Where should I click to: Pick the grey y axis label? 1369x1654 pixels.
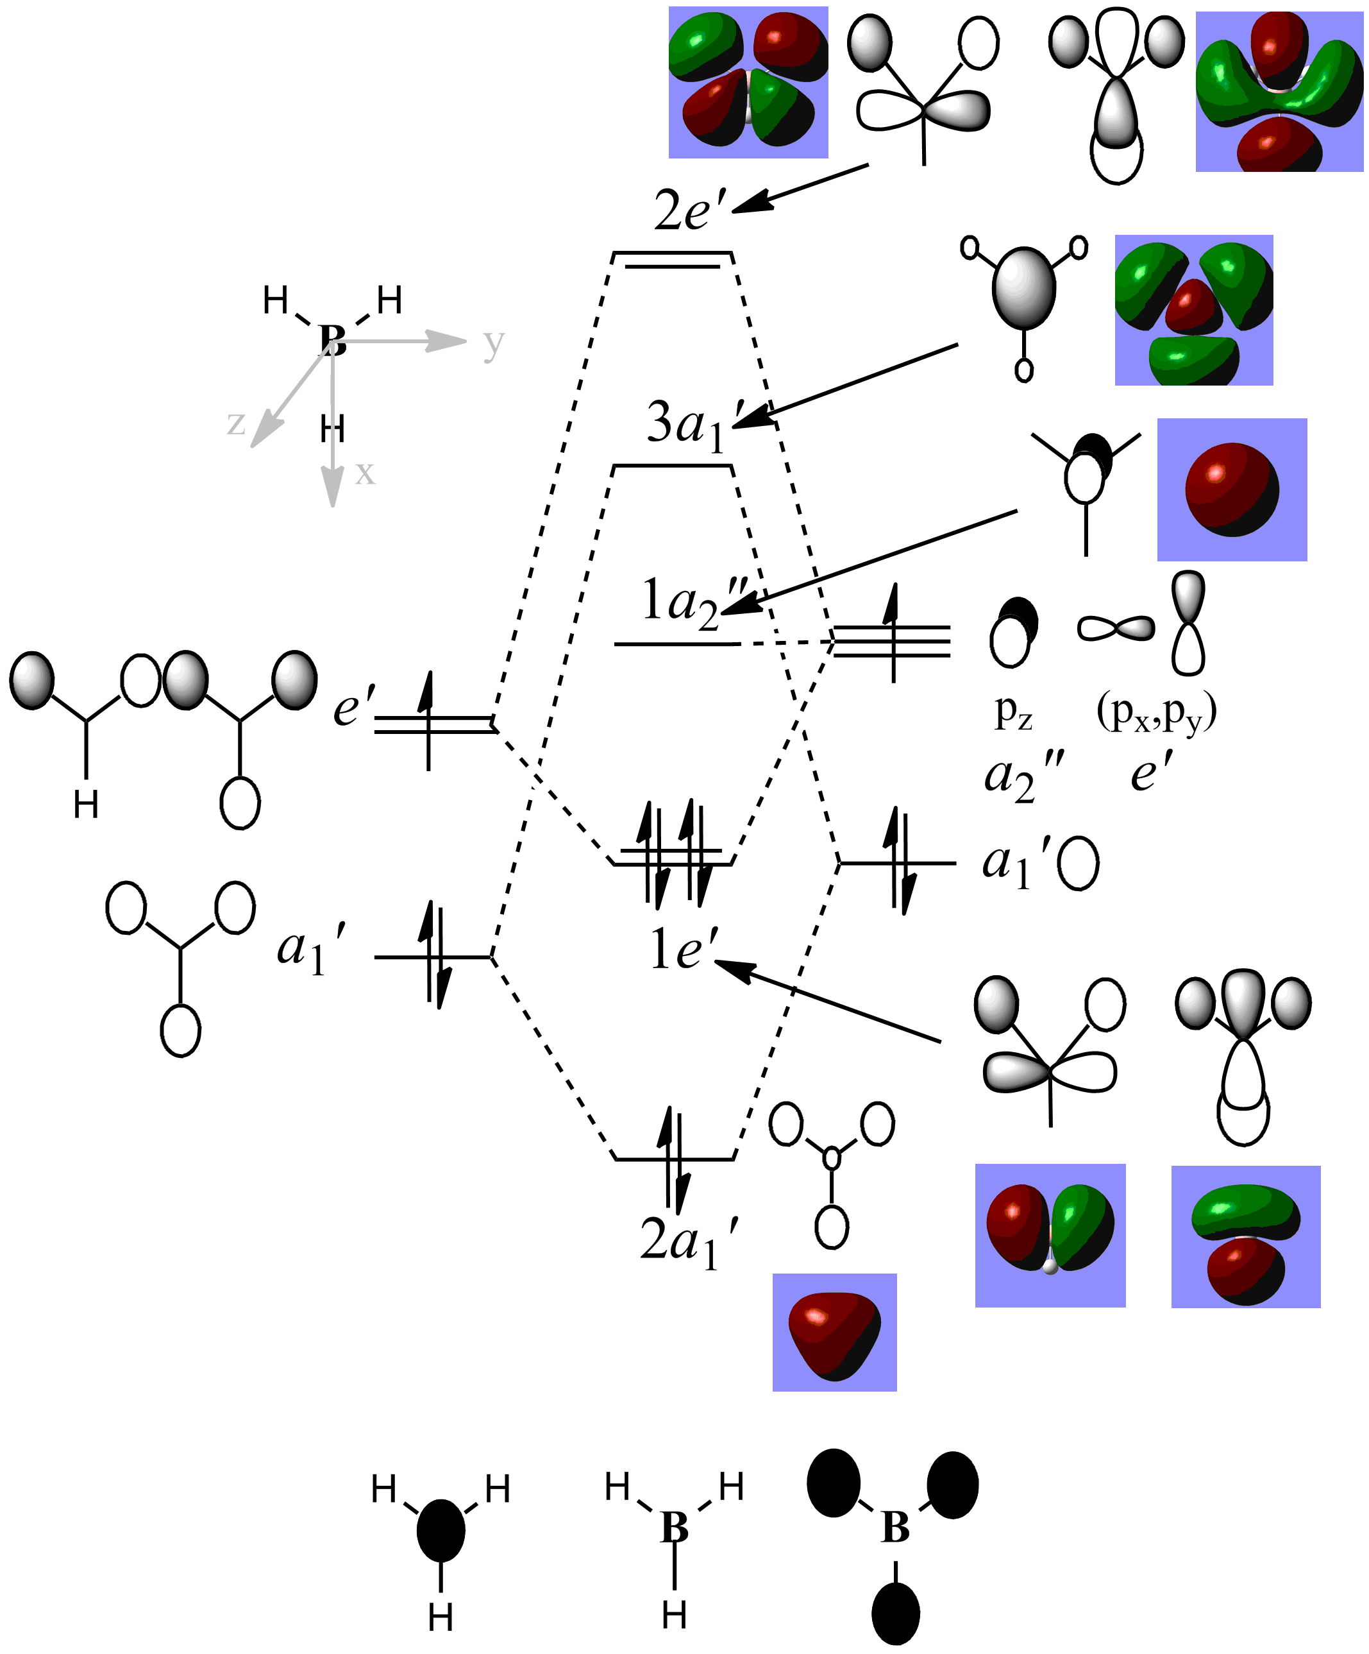(x=494, y=343)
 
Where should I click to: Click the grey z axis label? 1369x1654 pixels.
(x=236, y=423)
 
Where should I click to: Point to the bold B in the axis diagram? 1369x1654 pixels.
(x=333, y=340)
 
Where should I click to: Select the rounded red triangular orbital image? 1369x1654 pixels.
(x=834, y=1332)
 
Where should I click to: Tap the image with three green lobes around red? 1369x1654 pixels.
(x=1193, y=309)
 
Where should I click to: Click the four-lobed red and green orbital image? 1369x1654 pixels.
(x=748, y=82)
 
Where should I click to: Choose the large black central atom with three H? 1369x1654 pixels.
(x=441, y=1530)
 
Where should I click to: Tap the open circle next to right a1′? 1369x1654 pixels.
(x=1078, y=863)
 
